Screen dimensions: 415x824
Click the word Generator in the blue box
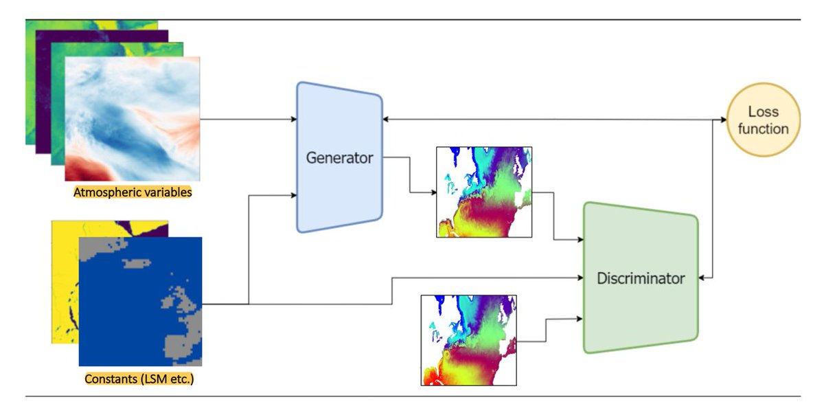click(339, 158)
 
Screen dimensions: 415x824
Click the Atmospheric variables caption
click(133, 192)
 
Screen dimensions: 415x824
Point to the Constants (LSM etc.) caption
click(139, 379)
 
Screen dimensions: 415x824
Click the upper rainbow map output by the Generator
click(484, 192)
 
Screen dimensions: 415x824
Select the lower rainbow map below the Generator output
click(468, 339)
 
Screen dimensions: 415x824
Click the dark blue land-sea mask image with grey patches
click(140, 301)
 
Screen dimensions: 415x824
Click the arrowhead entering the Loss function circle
click(723, 120)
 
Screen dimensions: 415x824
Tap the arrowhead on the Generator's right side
click(387, 119)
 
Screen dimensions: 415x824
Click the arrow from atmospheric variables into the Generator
click(247, 119)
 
